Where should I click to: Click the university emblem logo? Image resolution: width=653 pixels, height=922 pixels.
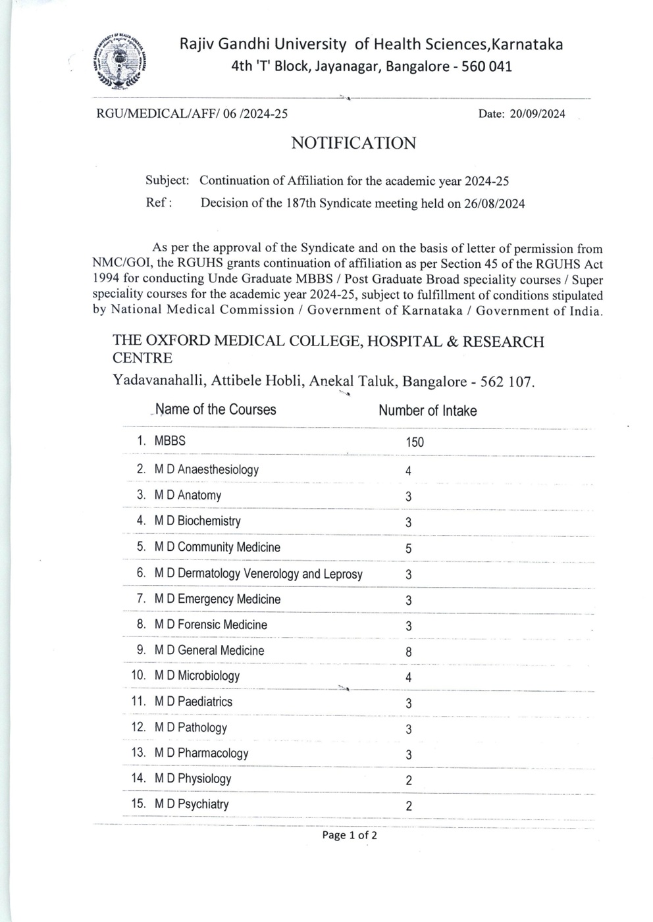point(121,61)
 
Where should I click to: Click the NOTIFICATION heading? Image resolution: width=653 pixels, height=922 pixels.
point(353,143)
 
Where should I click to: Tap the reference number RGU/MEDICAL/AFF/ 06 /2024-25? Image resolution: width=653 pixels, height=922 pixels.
point(192,114)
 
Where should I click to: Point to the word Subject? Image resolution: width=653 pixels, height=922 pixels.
point(167,180)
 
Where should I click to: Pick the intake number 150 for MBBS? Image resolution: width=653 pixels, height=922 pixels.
point(415,442)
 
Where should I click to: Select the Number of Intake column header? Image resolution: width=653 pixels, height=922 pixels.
point(427,411)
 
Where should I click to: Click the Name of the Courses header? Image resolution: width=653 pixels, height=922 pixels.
point(216,409)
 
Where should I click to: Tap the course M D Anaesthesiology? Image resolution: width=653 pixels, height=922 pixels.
point(206,470)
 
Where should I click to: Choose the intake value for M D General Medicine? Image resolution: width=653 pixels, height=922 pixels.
point(409,652)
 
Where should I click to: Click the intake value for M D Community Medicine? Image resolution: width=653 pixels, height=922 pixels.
point(409,549)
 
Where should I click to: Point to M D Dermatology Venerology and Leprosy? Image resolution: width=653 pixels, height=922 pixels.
point(258,574)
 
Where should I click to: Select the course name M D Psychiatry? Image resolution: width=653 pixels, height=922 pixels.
point(192,804)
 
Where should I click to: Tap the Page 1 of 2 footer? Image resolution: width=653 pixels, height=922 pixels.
point(350,836)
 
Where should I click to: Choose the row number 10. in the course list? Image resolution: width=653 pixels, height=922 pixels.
point(139,675)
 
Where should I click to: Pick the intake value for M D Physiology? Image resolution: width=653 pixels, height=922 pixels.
point(409,781)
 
